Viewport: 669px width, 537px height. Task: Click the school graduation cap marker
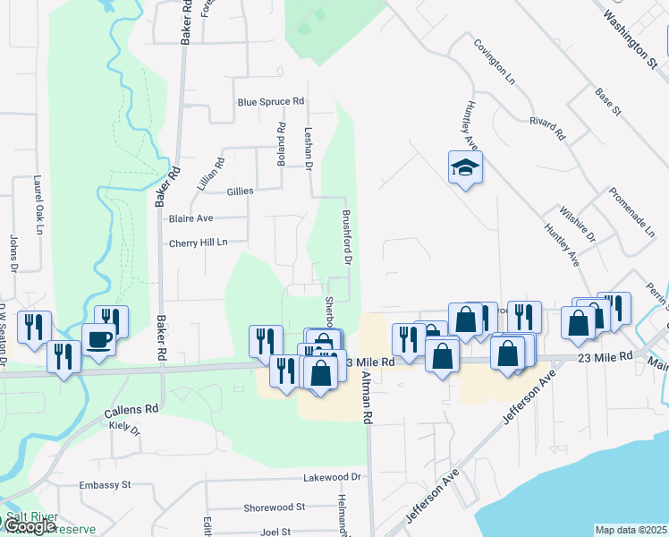click(465, 167)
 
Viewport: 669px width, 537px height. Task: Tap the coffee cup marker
click(98, 340)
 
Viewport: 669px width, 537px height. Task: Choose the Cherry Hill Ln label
click(199, 243)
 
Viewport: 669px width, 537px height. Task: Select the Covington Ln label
click(495, 62)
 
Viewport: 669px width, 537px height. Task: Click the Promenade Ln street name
click(632, 212)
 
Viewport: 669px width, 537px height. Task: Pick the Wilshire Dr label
click(584, 225)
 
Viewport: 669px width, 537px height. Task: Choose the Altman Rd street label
click(367, 398)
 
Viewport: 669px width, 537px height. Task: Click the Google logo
click(29, 526)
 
